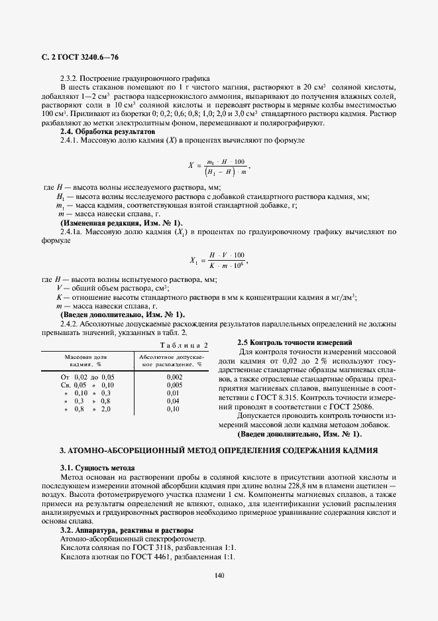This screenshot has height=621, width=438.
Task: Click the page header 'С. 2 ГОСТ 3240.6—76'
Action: (80, 59)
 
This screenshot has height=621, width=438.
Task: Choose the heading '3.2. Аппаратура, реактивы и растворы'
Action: (127, 530)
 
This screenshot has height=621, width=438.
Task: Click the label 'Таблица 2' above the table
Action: (185, 345)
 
